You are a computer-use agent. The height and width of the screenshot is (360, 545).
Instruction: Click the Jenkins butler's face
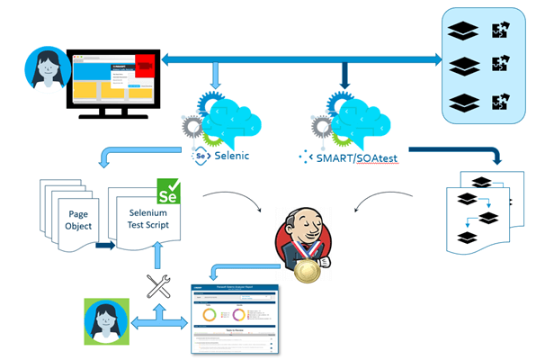tap(302, 225)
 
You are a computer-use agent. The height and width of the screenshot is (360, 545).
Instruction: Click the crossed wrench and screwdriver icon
tap(159, 287)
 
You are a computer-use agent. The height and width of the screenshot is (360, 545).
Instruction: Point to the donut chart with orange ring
tap(210, 315)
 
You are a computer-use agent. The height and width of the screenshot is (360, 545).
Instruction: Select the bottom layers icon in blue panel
tap(461, 103)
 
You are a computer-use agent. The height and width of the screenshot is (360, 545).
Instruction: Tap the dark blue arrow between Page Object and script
tap(104, 244)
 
